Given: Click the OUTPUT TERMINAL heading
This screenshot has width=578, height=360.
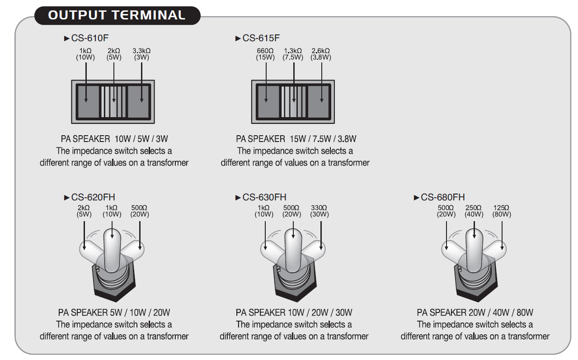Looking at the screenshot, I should click(117, 15).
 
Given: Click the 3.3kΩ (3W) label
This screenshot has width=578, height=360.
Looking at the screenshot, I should click(141, 54).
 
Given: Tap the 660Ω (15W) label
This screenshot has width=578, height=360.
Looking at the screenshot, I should click(266, 54).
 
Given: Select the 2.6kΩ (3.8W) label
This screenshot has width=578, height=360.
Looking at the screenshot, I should click(321, 54).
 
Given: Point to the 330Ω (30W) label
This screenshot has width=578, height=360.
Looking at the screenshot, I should click(320, 211).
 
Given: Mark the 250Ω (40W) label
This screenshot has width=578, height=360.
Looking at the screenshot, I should click(474, 211).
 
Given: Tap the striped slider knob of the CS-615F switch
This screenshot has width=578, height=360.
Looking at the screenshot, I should click(294, 101).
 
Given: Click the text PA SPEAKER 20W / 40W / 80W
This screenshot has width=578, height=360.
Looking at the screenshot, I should click(475, 313).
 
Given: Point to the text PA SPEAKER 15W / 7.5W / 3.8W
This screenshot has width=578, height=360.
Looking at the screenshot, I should click(296, 139).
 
